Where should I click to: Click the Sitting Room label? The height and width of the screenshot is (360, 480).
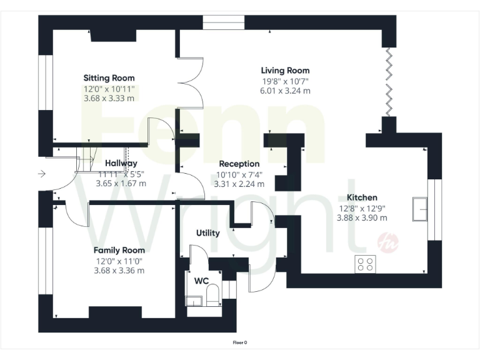tap(109, 78)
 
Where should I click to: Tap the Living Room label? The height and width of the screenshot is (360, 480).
tap(285, 71)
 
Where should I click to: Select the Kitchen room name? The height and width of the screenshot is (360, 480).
tap(362, 197)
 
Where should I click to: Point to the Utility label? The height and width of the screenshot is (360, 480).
tap(208, 233)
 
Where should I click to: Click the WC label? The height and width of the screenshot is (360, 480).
tap(201, 281)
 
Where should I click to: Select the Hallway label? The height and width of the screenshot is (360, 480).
tap(121, 164)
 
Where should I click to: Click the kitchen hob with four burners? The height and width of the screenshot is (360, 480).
tap(365, 264)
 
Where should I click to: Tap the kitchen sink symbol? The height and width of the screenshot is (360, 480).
tap(419, 208)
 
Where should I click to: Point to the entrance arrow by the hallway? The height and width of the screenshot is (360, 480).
tap(41, 174)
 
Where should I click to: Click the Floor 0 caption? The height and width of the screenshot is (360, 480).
tap(240, 342)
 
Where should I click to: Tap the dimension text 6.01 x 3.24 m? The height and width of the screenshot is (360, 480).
tap(285, 91)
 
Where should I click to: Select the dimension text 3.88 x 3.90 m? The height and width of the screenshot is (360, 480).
tap(362, 217)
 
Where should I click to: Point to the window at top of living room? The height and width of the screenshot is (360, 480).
tap(223, 22)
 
